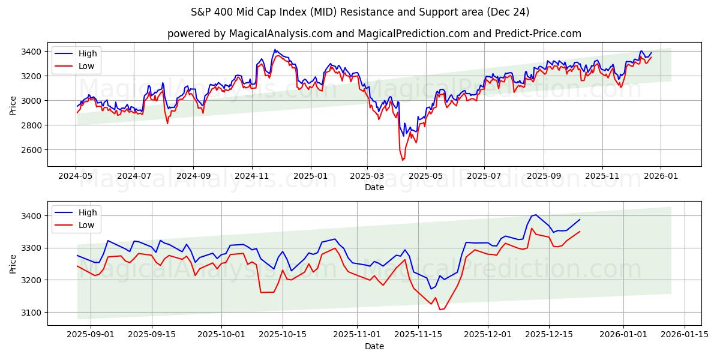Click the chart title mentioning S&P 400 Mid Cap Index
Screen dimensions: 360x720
pyautogui.click(x=360, y=12)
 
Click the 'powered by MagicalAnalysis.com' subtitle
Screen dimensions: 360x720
pyautogui.click(x=374, y=34)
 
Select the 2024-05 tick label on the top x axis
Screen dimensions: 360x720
pyautogui.click(x=76, y=176)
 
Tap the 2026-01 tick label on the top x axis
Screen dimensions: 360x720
pyautogui.click(x=661, y=176)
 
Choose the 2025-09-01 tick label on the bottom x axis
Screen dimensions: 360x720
pyautogui.click(x=91, y=335)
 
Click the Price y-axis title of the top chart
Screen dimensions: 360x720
pyautogui.click(x=13, y=106)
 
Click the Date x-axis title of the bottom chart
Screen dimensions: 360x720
pyautogui.click(x=374, y=346)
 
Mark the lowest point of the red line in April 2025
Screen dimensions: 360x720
pyautogui.click(x=403, y=160)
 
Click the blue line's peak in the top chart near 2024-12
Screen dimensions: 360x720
pyautogui.click(x=275, y=50)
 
